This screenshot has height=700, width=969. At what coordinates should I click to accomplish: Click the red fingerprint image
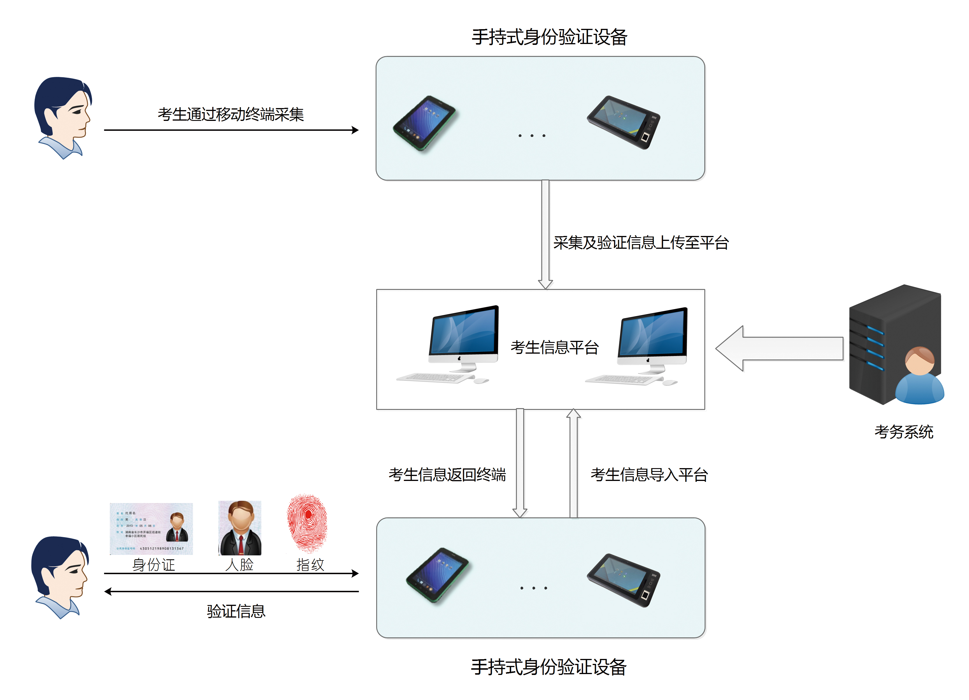click(x=307, y=523)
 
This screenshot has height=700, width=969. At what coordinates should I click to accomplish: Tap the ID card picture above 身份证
click(x=151, y=529)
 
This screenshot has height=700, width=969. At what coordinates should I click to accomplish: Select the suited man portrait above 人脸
click(x=240, y=528)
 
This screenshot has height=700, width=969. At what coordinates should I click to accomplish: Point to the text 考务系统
click(x=903, y=432)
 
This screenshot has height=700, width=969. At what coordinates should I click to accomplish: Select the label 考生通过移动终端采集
click(x=231, y=114)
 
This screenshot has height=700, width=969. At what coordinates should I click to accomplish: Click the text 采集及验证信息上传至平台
click(x=641, y=243)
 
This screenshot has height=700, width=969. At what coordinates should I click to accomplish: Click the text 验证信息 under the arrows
click(x=236, y=611)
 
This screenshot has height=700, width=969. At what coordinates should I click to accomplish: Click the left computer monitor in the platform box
click(x=464, y=338)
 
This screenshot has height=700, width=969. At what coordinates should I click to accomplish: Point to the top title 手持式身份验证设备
click(x=549, y=37)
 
